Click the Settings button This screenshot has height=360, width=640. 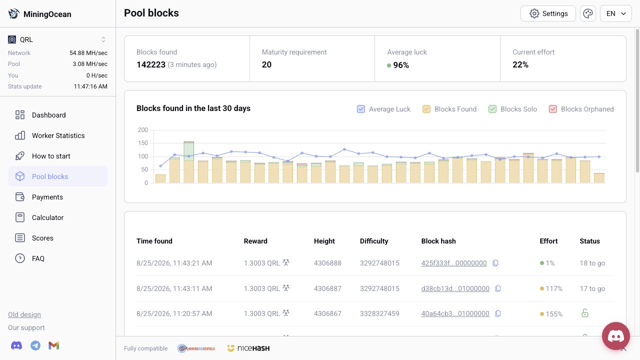548,13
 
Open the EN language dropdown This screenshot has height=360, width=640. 615,13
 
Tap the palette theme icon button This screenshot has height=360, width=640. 587,13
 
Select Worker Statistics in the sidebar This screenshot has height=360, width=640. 57,135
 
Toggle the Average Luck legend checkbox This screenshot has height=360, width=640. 361,109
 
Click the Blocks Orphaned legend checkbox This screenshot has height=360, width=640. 553,109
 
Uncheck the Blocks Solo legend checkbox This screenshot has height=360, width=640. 492,109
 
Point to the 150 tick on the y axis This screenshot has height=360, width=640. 143,143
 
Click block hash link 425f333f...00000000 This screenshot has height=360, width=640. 453,263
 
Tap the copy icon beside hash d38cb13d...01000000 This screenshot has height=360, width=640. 497,288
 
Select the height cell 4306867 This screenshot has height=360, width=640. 327,313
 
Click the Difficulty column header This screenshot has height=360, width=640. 374,241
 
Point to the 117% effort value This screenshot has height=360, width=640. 553,288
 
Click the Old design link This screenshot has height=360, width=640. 24,314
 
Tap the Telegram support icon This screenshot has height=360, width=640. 35,345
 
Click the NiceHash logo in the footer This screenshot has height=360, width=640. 248,348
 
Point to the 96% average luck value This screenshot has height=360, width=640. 401,65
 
